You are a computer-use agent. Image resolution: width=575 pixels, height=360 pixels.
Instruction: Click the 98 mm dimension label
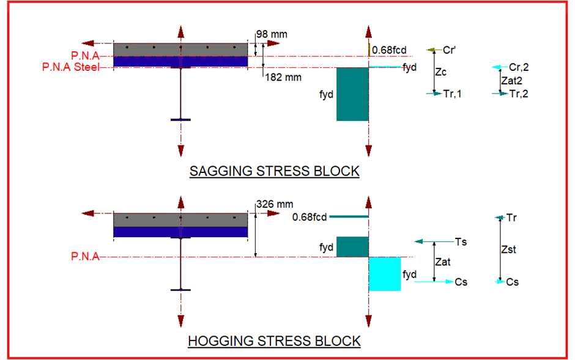click(272, 34)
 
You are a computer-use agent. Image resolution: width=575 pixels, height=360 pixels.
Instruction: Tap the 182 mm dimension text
click(283, 78)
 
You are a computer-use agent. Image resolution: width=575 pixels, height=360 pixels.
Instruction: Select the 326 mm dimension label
click(275, 204)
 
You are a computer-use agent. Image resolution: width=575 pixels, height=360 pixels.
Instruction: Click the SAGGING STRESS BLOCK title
click(274, 171)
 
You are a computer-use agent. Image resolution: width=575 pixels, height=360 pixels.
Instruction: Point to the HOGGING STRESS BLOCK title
click(274, 341)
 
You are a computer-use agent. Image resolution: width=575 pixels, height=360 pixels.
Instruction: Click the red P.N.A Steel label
click(71, 67)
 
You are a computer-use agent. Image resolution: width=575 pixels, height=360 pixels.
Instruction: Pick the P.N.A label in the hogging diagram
click(85, 256)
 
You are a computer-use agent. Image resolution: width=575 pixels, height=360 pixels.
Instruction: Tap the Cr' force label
click(449, 50)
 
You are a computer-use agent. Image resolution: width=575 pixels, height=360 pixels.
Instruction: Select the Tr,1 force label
click(452, 94)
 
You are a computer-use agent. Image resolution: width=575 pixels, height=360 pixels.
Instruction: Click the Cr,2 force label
click(519, 67)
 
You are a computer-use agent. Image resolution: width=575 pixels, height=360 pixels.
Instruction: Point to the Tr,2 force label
click(519, 94)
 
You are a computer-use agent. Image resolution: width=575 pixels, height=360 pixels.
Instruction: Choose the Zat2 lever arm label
click(511, 81)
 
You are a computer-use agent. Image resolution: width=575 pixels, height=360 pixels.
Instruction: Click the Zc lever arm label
click(440, 72)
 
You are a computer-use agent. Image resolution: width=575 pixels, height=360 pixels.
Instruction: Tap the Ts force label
click(461, 242)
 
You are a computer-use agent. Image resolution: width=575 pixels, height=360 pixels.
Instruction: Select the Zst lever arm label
click(508, 250)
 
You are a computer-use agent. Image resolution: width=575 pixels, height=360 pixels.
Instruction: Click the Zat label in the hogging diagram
click(443, 262)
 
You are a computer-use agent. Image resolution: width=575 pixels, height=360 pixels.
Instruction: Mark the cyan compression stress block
click(385, 274)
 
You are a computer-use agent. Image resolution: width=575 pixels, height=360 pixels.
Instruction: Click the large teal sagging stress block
click(352, 94)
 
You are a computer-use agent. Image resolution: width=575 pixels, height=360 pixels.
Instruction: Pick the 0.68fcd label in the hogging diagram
click(309, 218)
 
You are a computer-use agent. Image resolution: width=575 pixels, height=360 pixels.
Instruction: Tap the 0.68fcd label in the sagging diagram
click(389, 50)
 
